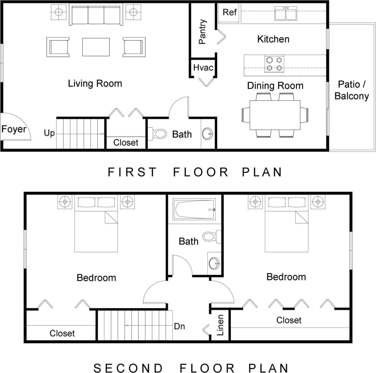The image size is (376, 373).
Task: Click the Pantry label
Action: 202,31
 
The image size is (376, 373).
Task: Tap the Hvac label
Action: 203,67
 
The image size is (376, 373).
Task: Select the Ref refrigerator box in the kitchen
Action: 229,12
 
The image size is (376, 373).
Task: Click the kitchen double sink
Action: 286,14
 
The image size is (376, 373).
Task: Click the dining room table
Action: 275,115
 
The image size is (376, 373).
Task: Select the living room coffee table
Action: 96,47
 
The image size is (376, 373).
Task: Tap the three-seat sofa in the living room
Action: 96,15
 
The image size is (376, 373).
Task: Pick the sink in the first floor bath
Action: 207,134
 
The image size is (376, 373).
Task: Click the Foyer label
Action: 14,129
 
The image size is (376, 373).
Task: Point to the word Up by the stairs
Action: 49,133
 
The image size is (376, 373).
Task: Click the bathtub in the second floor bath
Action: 194,209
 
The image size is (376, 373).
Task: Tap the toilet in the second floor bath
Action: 211,237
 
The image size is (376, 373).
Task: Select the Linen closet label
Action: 220,325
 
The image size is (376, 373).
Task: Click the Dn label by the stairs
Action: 179,326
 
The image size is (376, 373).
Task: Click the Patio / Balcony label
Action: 351,90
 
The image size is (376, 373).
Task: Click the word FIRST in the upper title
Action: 132,172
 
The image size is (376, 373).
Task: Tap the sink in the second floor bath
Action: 214,263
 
